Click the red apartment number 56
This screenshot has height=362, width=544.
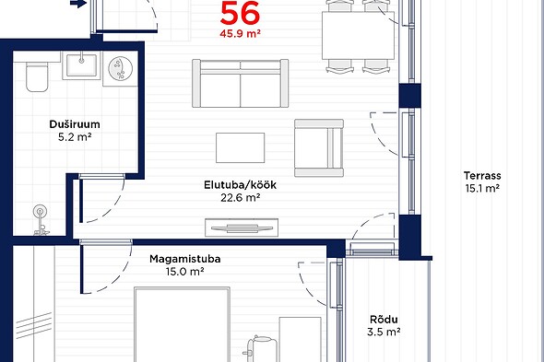[240, 13]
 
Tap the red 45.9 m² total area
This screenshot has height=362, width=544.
[240, 34]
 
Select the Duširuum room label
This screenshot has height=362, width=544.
[75, 124]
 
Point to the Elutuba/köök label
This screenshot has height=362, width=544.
[240, 185]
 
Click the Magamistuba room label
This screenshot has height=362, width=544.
[185, 259]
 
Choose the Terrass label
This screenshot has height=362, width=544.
[482, 175]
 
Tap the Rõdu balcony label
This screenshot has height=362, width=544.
[384, 319]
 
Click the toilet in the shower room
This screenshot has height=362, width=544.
[37, 76]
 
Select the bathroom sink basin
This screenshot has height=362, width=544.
[81, 65]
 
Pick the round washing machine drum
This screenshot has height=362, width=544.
[121, 68]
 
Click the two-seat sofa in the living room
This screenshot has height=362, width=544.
[240, 83]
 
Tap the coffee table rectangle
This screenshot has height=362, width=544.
[240, 147]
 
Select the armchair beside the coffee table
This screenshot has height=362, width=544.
[319, 148]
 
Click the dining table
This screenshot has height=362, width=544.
[358, 35]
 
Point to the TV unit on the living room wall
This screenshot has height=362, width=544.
[242, 228]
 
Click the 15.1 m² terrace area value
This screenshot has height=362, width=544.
[482, 188]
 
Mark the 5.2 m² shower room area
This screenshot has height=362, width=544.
[75, 137]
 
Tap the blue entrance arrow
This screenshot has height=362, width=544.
[78, 4]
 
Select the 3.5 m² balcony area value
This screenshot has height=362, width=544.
[384, 332]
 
